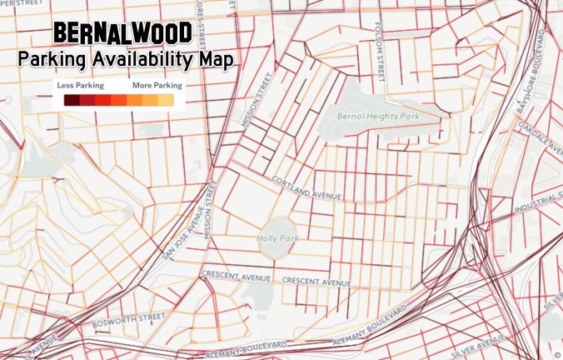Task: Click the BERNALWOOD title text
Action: click(x=122, y=33)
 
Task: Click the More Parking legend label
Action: click(x=157, y=85)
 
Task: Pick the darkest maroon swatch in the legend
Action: click(x=72, y=101)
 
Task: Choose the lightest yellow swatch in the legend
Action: click(x=166, y=101)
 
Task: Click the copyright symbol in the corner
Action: click(x=557, y=354)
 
